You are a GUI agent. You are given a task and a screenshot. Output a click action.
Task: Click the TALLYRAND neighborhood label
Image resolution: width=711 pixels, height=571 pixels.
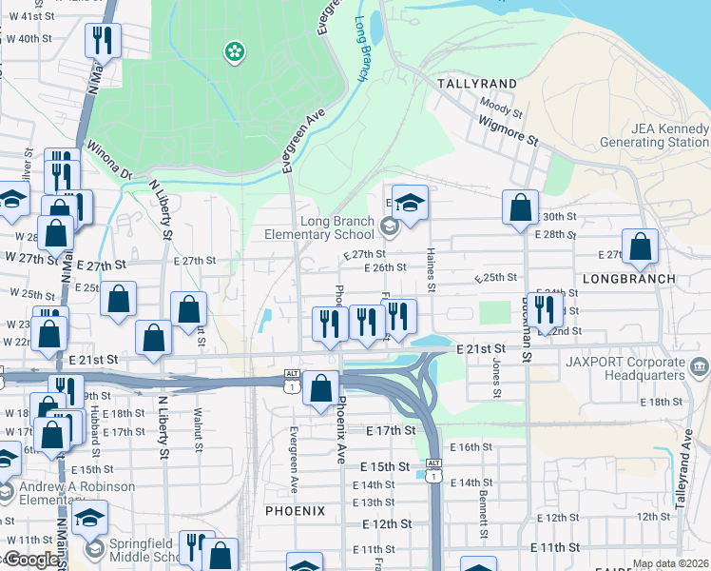point(476,84)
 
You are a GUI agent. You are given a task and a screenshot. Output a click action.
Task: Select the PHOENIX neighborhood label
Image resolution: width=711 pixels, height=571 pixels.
point(295,511)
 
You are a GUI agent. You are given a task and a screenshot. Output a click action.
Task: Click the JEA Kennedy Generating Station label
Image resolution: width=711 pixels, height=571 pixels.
point(655,136)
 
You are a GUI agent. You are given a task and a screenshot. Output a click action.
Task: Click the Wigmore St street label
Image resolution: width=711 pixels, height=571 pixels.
point(508,131)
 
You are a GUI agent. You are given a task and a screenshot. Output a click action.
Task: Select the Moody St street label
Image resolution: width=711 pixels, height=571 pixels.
point(501,108)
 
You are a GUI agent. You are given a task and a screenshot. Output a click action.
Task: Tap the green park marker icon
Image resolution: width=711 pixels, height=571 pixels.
point(232,51)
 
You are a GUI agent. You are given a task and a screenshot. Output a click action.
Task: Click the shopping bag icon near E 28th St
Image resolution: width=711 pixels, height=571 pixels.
point(520,209)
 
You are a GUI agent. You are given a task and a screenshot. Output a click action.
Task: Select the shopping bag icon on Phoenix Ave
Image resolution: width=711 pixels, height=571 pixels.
point(321,386)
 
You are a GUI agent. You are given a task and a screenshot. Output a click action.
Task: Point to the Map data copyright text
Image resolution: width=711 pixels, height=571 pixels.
point(669,563)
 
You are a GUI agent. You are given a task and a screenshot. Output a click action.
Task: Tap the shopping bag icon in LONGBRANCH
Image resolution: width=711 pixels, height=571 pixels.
point(641,246)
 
